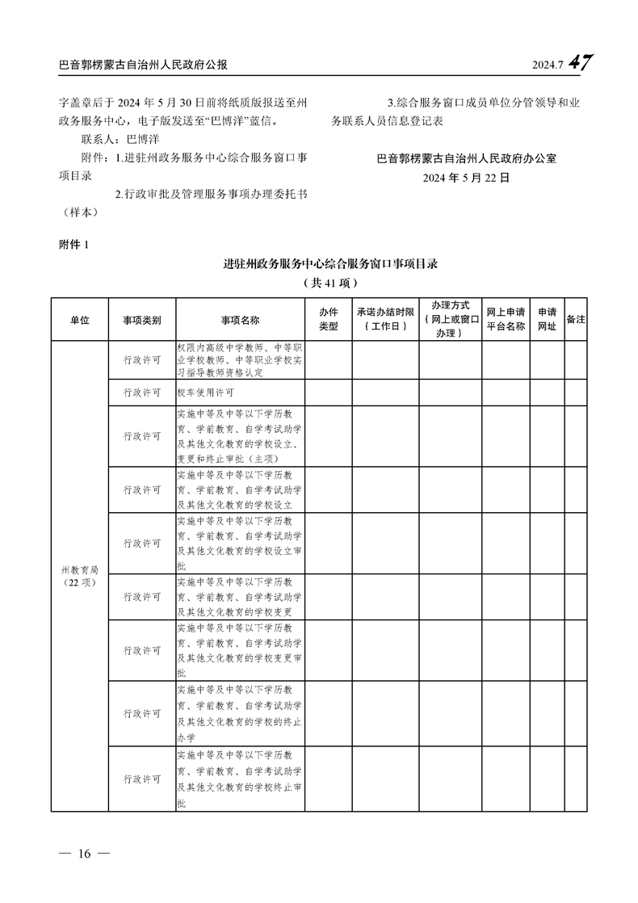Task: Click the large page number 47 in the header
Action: (x=581, y=63)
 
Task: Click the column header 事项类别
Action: (x=142, y=320)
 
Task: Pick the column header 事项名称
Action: (x=240, y=320)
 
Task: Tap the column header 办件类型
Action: (x=328, y=320)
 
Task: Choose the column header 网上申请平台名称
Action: (x=506, y=320)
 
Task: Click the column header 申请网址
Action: (x=547, y=320)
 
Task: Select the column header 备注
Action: (x=576, y=319)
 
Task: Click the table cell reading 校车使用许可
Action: (x=206, y=393)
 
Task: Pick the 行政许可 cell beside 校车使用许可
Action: (x=142, y=393)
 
